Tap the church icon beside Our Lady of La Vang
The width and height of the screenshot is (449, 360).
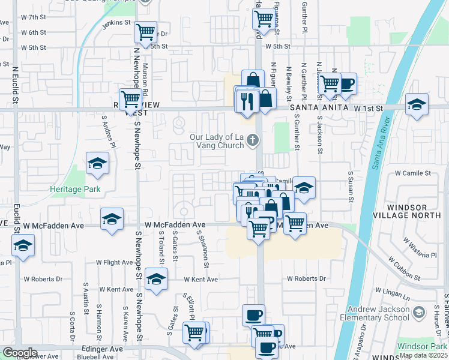[253, 142]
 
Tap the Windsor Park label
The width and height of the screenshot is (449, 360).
[423, 346]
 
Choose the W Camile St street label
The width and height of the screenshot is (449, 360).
[414, 172]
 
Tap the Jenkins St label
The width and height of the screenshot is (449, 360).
[116, 23]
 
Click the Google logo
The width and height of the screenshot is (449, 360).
[20, 353]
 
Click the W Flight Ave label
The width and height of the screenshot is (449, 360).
[115, 263]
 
